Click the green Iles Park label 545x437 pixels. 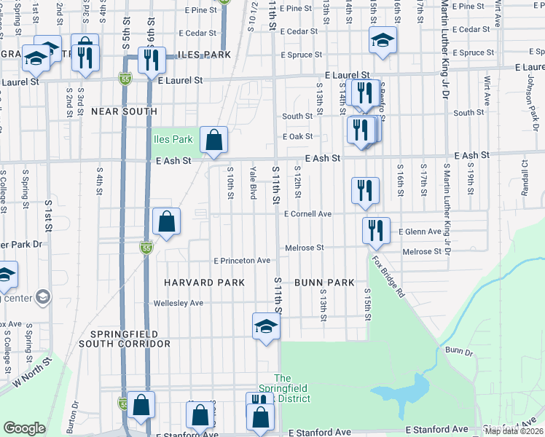click(171, 138)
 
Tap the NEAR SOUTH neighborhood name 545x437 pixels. click(124, 111)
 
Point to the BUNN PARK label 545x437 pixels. click(324, 282)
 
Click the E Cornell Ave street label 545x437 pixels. click(307, 214)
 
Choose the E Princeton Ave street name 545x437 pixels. click(241, 261)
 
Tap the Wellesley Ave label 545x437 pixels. click(178, 303)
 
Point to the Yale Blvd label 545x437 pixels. click(253, 181)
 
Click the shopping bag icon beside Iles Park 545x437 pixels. click(214, 140)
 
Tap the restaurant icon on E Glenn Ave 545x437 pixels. click(375, 229)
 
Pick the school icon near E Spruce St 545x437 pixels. click(382, 41)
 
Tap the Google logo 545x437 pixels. click(24, 428)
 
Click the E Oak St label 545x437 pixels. click(297, 136)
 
